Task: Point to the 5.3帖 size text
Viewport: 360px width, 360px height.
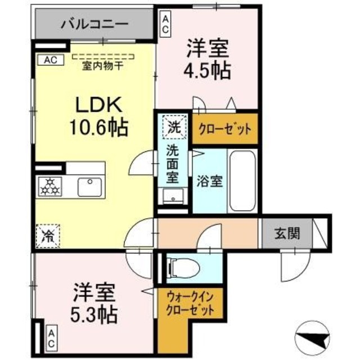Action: click(94, 313)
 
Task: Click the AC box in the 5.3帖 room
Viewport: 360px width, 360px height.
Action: click(51, 339)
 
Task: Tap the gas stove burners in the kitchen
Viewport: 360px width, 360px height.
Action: click(49, 186)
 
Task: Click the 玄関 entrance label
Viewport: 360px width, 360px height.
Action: click(286, 232)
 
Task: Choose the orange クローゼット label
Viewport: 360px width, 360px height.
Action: click(224, 129)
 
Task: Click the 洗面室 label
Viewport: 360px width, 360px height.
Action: click(173, 164)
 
